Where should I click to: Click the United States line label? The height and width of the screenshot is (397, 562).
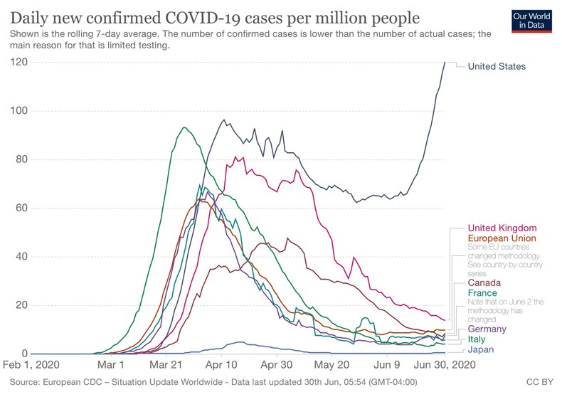[x=497, y=66]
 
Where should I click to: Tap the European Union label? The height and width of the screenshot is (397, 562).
[x=502, y=238]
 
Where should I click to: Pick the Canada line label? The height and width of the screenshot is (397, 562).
[x=484, y=282]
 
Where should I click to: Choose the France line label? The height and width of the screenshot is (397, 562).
[x=482, y=293]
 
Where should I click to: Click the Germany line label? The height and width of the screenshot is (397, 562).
[x=487, y=329]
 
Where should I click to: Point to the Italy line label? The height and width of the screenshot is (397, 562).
[x=477, y=339]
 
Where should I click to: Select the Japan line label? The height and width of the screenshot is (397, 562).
[x=481, y=349]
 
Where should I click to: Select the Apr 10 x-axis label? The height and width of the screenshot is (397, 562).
[x=221, y=364]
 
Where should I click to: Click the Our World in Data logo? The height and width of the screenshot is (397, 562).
[x=532, y=20]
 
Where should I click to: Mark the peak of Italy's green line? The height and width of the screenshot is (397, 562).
[x=184, y=127]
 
